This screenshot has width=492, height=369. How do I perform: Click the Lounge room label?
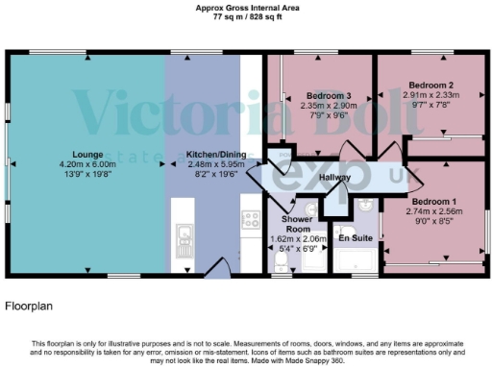86,154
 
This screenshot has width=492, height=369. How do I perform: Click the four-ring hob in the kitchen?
251,219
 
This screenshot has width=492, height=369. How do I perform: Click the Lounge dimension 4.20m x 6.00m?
86,164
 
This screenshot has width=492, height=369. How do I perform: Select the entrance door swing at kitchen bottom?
218,272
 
